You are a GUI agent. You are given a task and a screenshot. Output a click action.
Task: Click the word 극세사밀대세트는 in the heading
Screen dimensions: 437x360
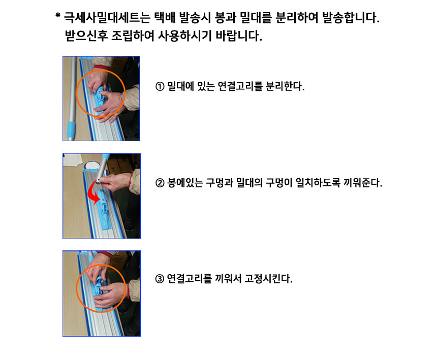click(107, 18)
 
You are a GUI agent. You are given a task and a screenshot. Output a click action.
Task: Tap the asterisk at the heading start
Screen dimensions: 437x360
click(58, 16)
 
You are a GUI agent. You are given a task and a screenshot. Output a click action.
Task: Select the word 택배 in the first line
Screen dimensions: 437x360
click(165, 18)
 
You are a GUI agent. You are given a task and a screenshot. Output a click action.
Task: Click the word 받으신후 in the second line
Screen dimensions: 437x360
click(86, 36)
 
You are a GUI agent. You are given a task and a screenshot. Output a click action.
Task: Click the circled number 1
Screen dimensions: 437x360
click(160, 86)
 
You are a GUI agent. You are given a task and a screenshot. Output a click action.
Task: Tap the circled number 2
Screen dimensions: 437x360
click(160, 183)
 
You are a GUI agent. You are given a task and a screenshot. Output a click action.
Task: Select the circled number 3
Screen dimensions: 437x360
click(160, 279)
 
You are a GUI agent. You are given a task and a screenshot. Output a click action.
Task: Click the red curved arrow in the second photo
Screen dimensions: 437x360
click(93, 192)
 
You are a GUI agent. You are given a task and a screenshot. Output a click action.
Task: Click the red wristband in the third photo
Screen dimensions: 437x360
click(129, 291)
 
